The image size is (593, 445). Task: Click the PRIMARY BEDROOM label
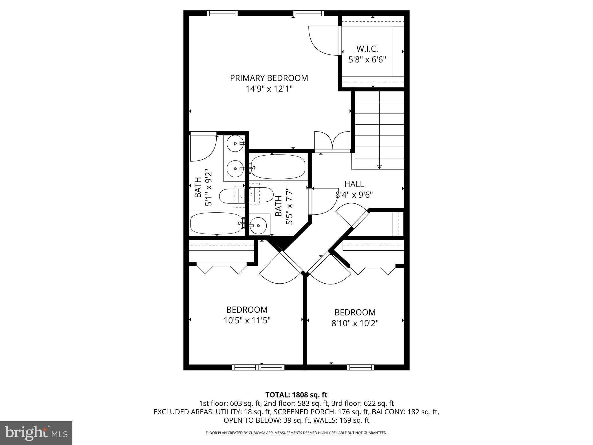click(x=269, y=78)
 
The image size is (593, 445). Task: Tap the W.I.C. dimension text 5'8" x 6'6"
click(x=367, y=60)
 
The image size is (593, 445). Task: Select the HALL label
click(x=354, y=184)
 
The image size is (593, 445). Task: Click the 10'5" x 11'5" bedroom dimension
click(x=247, y=320)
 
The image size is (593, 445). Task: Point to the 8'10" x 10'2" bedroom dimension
click(x=355, y=323)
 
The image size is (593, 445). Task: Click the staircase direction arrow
click(x=379, y=167)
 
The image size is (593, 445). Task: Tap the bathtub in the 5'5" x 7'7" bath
click(x=278, y=167)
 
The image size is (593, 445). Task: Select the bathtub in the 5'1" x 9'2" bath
click(x=216, y=223)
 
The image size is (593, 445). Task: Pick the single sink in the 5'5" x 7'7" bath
click(x=258, y=225)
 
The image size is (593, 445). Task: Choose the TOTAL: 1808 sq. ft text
click(x=296, y=395)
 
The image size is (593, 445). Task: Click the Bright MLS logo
click(x=36, y=433)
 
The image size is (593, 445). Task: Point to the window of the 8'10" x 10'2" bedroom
click(x=360, y=367)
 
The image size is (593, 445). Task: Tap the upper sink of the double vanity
click(x=235, y=143)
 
